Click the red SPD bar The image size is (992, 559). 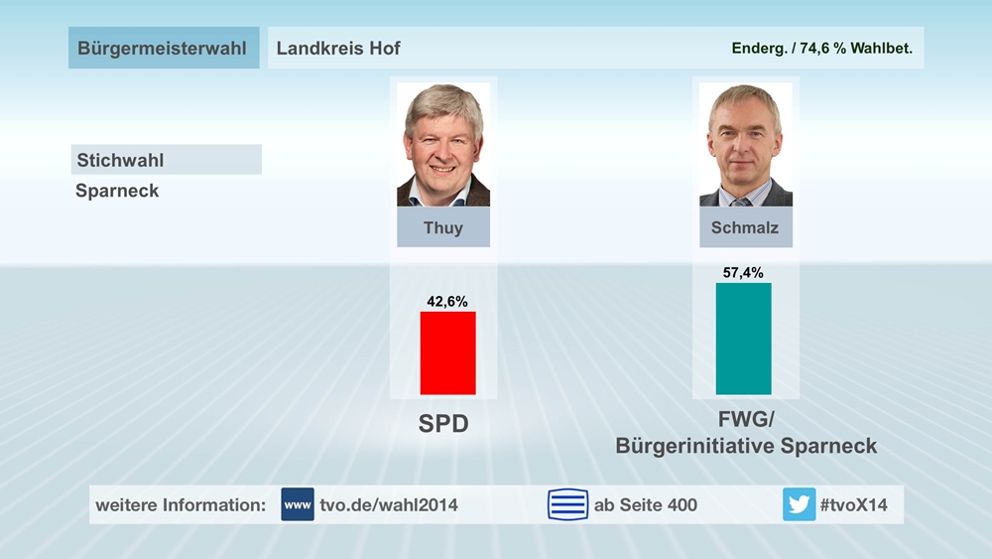pyautogui.click(x=448, y=352)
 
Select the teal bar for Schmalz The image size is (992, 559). pyautogui.click(x=743, y=339)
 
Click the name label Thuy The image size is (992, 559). pyautogui.click(x=443, y=227)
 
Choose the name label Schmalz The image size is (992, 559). pyautogui.click(x=745, y=227)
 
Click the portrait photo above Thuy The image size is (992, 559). pyautogui.click(x=443, y=145)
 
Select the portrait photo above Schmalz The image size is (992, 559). pyautogui.click(x=745, y=145)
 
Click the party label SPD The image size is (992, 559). pyautogui.click(x=443, y=425)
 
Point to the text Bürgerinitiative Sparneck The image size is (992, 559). pyautogui.click(x=746, y=446)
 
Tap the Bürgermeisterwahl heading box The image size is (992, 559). pyautogui.click(x=164, y=48)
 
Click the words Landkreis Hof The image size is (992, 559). pyautogui.click(x=338, y=48)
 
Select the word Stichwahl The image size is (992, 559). pyautogui.click(x=121, y=160)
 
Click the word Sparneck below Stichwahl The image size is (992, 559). pyautogui.click(x=117, y=191)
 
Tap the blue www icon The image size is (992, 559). pyautogui.click(x=298, y=504)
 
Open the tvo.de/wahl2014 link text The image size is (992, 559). pyautogui.click(x=389, y=504)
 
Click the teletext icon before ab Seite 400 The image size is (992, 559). pyautogui.click(x=567, y=504)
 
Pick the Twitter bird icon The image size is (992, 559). pyautogui.click(x=799, y=504)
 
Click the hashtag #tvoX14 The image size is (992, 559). pyautogui.click(x=854, y=504)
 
